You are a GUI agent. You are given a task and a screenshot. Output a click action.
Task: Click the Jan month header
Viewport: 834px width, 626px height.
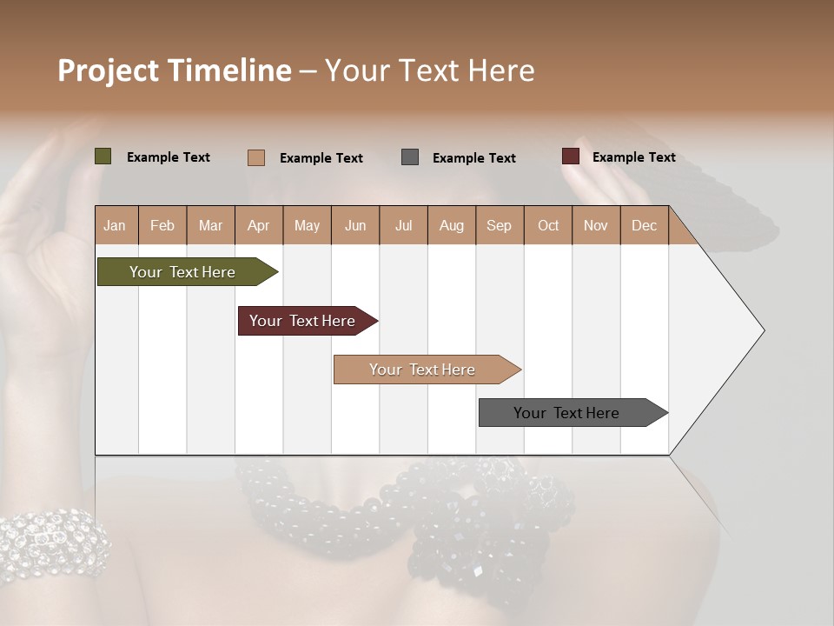tap(115, 225)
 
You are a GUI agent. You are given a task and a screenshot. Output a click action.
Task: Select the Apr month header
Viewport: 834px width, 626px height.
tap(259, 225)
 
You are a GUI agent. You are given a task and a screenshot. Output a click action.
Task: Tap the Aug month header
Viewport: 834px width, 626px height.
tap(452, 225)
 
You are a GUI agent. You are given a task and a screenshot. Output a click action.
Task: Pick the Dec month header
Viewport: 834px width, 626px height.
tap(644, 225)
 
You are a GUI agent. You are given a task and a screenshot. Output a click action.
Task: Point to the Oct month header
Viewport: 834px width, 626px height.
tap(548, 225)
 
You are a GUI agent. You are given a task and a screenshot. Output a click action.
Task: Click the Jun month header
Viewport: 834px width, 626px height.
tap(355, 225)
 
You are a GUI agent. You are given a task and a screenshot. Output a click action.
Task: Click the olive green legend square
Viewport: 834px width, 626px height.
tap(103, 156)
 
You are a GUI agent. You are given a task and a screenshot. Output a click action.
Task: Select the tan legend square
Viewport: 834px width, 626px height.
tap(256, 157)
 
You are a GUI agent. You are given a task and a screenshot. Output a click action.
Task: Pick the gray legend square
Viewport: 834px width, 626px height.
tap(410, 156)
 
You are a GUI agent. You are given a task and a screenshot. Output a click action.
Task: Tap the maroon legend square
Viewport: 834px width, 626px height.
tap(571, 156)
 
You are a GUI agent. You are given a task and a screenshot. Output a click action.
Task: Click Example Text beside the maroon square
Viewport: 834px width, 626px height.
tap(633, 157)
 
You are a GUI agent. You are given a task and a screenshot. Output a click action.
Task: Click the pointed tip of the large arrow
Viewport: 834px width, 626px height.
tap(762, 330)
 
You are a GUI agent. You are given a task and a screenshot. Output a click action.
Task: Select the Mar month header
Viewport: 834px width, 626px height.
tap(210, 225)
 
